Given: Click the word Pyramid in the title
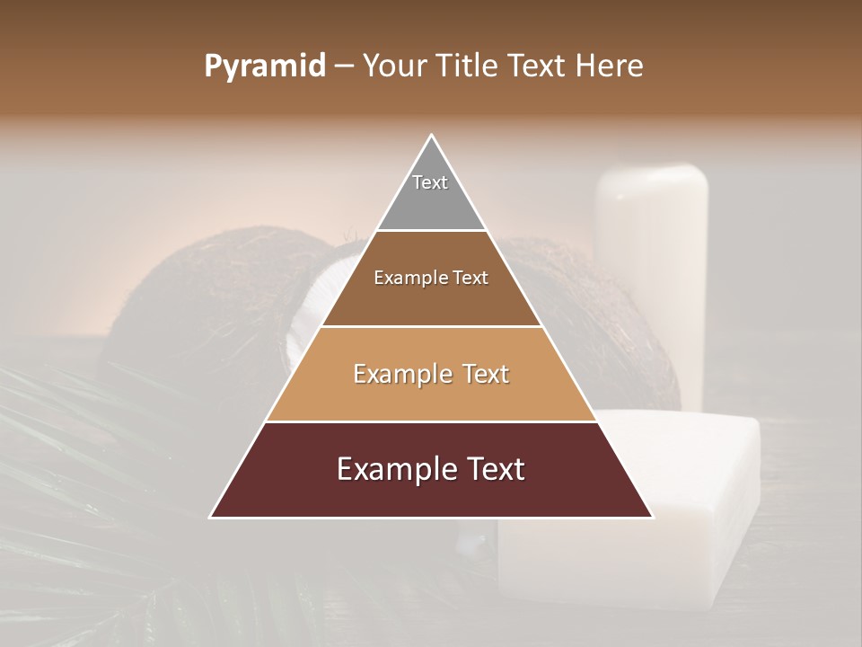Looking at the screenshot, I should [265, 66].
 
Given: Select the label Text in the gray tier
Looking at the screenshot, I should [430, 182].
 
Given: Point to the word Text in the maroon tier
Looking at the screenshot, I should [495, 469].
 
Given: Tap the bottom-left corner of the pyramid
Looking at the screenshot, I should [212, 517].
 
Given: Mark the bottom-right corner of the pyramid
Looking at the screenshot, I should [652, 517].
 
